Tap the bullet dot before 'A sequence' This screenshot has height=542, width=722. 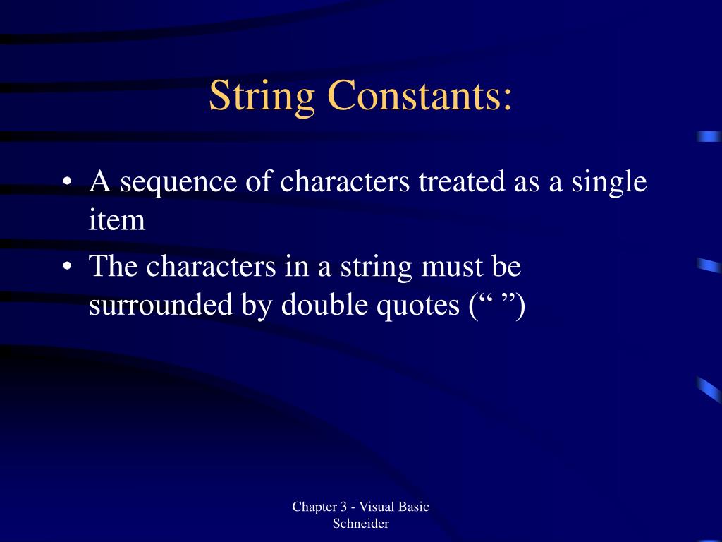66,183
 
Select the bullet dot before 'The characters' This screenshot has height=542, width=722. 66,267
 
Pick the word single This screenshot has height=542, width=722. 608,183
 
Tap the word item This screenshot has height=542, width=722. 117,220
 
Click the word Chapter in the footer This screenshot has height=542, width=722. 314,507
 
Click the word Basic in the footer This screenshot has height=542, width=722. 415,507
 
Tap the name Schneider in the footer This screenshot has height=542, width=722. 361,524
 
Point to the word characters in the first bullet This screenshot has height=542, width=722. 345,181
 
